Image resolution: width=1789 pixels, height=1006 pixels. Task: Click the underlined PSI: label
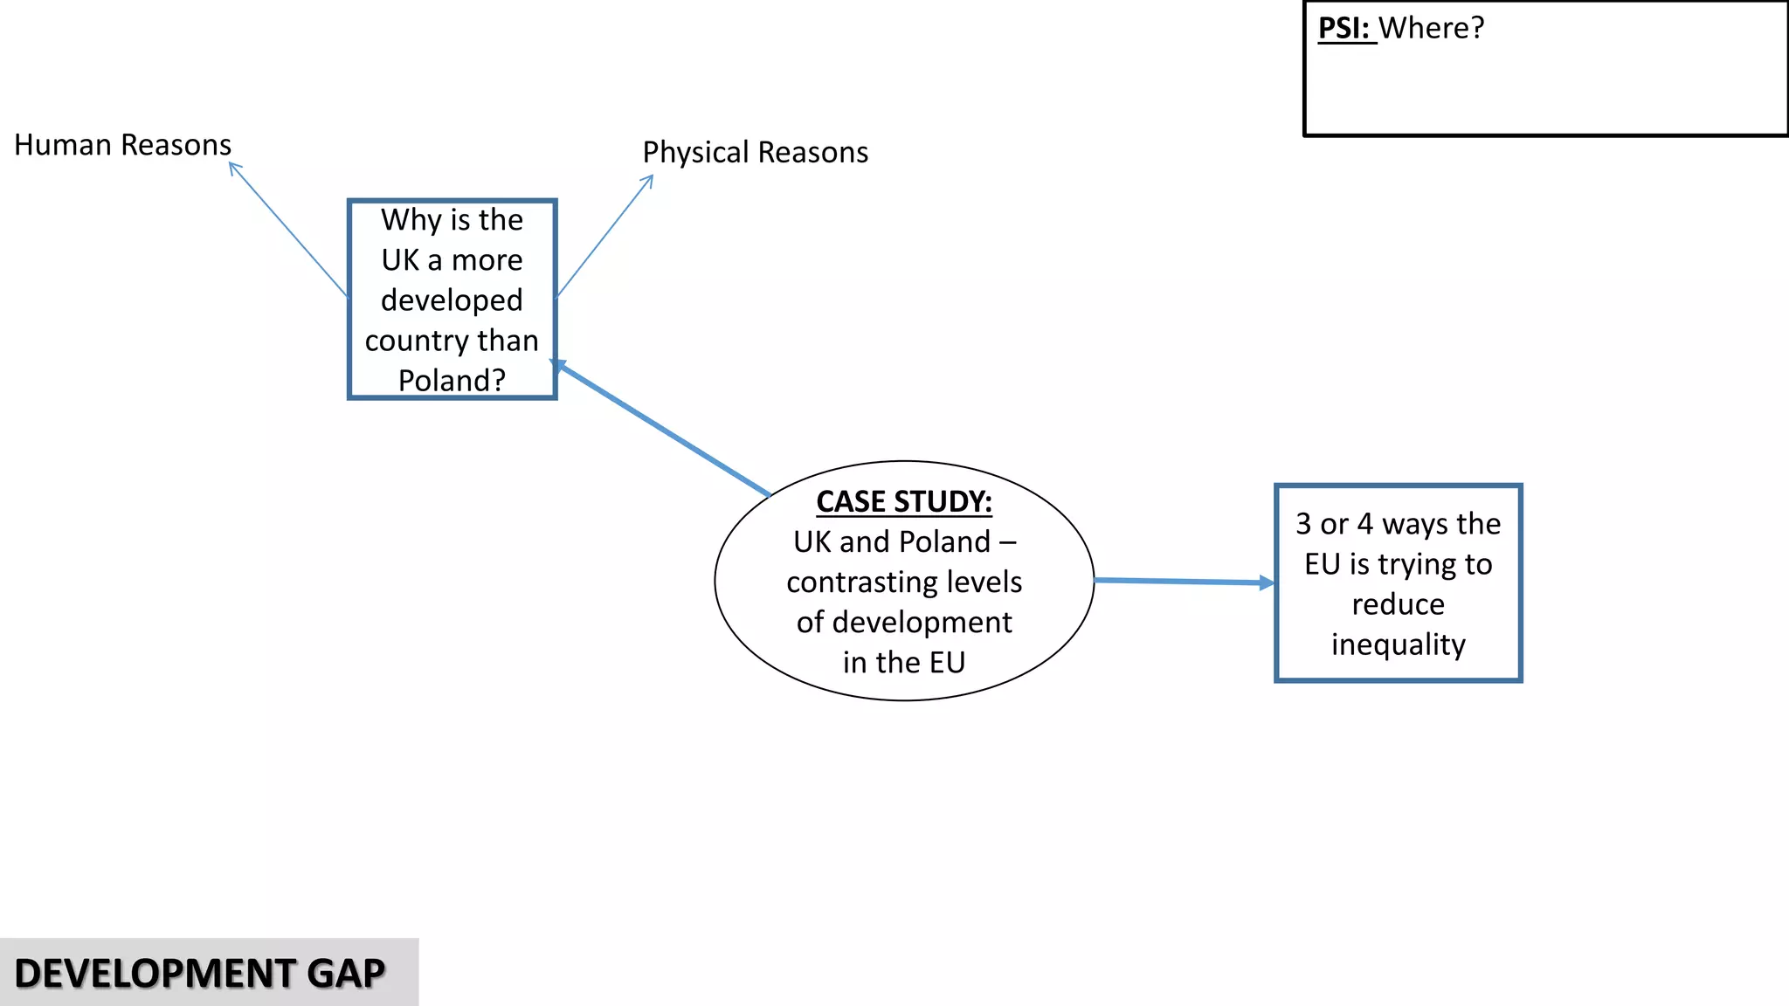[1344, 29]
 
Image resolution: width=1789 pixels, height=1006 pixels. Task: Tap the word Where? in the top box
[1432, 29]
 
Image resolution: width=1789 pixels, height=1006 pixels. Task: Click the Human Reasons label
[122, 145]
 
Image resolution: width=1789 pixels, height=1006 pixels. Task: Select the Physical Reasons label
[755, 153]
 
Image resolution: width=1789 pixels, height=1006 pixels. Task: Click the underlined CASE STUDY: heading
[904, 501]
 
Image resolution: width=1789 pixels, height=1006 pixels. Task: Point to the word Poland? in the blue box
[452, 381]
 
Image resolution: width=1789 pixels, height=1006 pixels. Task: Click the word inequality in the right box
[1398, 644]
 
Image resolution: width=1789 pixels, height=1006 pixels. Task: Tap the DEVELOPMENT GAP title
[200, 973]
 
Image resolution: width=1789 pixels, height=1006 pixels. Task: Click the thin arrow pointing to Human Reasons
[288, 230]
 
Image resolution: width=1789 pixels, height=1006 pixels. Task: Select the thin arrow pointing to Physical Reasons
[604, 236]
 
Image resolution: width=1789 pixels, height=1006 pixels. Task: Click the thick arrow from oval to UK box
[664, 430]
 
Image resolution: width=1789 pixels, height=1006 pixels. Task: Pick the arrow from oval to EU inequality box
[1184, 582]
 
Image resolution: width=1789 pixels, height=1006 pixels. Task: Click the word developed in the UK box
[452, 300]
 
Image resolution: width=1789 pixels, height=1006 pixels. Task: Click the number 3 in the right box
[1303, 524]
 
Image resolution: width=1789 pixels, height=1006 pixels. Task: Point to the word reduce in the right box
[1398, 604]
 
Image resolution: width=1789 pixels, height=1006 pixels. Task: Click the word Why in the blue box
[411, 220]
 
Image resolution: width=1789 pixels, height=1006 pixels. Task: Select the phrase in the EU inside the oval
[904, 663]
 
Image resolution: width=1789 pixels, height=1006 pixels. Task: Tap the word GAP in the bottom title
[346, 973]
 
